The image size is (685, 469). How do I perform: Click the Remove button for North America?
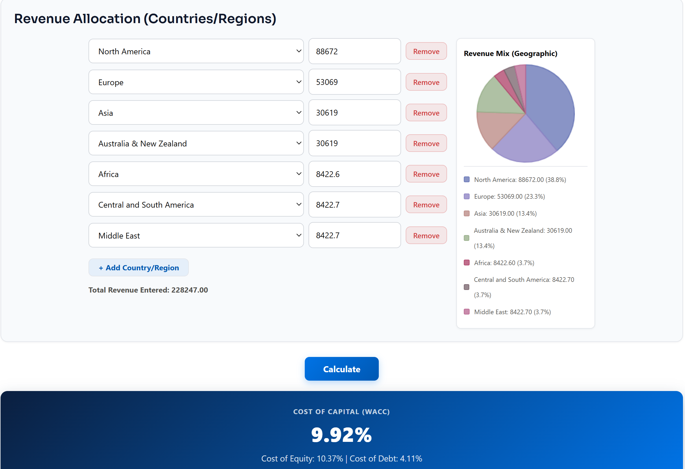[426, 51]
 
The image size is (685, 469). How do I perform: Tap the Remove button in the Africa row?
[426, 174]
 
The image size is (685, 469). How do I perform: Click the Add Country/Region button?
[139, 268]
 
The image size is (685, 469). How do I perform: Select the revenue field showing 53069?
[354, 82]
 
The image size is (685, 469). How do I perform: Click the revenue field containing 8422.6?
[354, 174]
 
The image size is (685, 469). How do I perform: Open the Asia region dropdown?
[196, 113]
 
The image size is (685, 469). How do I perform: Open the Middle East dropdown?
[196, 236]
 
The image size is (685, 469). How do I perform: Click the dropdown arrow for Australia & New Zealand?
[299, 143]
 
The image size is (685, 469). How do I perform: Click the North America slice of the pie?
[551, 106]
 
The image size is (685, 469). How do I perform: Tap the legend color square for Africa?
[467, 263]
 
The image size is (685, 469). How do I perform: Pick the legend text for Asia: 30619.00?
[505, 213]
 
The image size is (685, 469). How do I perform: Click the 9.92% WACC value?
[341, 435]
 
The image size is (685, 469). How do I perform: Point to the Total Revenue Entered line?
[148, 290]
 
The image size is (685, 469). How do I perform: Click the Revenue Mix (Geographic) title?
[511, 54]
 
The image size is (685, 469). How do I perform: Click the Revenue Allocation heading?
[145, 19]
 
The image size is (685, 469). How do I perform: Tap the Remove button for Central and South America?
[426, 205]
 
